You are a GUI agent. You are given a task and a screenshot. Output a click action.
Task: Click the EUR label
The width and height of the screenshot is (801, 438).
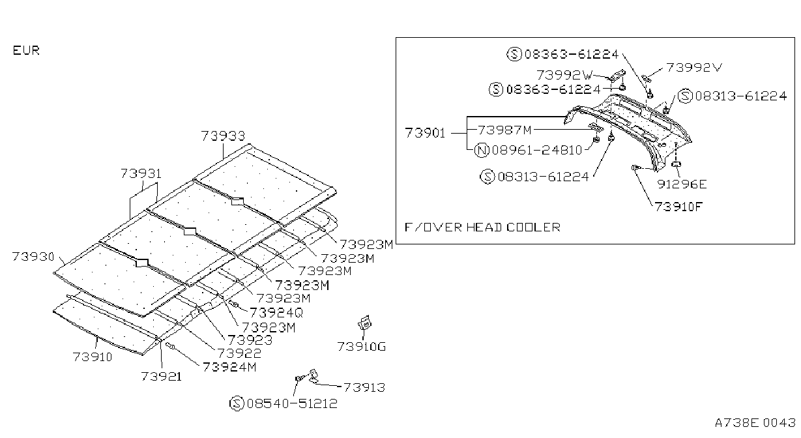[26, 50]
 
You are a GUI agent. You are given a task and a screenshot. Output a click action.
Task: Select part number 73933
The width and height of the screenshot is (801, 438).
[223, 136]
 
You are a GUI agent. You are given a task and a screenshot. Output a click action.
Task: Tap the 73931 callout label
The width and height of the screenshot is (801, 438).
[141, 174]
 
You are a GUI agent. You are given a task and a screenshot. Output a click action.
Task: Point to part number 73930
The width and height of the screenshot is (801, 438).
[33, 257]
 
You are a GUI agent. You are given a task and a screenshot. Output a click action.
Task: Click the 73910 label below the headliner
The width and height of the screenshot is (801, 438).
[93, 357]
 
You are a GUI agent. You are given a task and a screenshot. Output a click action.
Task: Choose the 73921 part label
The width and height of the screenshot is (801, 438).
[161, 376]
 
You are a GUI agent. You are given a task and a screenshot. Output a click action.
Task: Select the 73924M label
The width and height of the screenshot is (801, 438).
[229, 367]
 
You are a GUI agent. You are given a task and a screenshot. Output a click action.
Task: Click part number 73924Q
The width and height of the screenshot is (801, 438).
[276, 313]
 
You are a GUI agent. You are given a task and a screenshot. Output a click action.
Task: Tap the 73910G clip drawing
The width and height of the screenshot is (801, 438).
[365, 323]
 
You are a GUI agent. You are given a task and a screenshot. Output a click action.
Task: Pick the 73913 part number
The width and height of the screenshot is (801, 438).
[364, 387]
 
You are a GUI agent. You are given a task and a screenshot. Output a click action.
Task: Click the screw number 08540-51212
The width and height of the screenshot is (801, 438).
[292, 403]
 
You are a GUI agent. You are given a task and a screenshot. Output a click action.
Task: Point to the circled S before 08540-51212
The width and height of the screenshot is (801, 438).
[237, 403]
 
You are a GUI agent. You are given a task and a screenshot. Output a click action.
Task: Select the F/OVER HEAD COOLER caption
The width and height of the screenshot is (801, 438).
[482, 227]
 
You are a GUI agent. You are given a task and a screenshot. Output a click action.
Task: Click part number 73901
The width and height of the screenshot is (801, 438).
[425, 133]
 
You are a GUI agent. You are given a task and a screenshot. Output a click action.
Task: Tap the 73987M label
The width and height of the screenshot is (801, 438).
[504, 130]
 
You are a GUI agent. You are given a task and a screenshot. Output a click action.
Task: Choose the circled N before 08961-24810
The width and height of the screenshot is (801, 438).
[482, 150]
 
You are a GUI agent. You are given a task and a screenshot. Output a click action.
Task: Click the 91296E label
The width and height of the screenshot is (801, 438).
[682, 184]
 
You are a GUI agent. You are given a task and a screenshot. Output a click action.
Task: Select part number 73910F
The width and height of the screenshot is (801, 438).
[678, 207]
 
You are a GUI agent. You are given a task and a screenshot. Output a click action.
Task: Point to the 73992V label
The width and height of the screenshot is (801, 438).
[694, 68]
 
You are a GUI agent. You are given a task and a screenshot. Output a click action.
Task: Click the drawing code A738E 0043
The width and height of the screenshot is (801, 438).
[755, 423]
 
